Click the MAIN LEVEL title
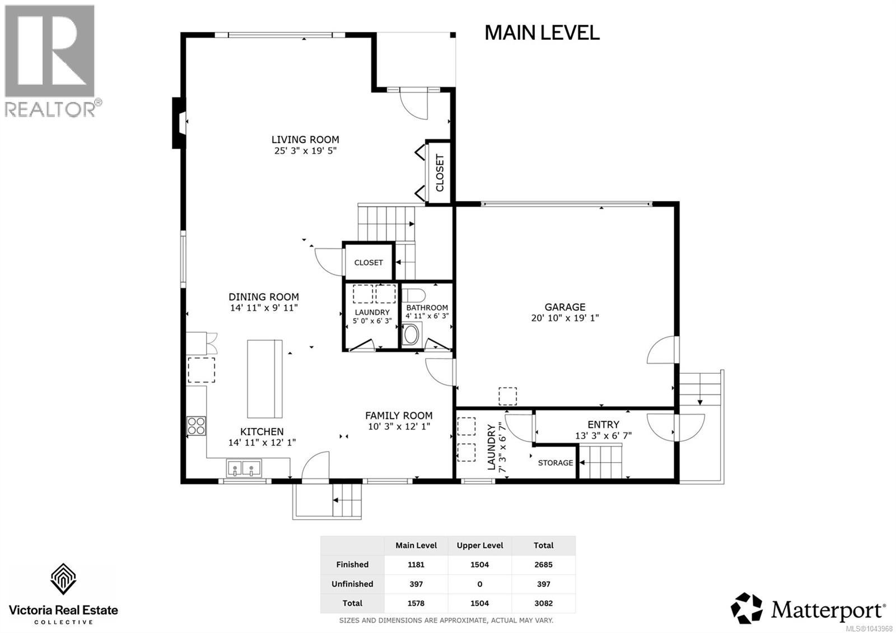542,33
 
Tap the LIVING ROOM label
305,139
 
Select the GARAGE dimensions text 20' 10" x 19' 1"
565,318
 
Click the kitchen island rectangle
265,379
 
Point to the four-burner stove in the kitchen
197,426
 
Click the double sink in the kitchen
244,468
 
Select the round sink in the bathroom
411,335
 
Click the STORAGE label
555,463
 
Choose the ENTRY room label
603,425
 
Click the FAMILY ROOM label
399,416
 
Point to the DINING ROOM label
264,297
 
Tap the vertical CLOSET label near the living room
440,173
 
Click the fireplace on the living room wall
179,123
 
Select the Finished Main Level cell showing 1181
416,565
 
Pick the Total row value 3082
543,603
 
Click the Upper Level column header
480,546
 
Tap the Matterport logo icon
746,608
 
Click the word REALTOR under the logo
50,109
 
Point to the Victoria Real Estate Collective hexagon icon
63,579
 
